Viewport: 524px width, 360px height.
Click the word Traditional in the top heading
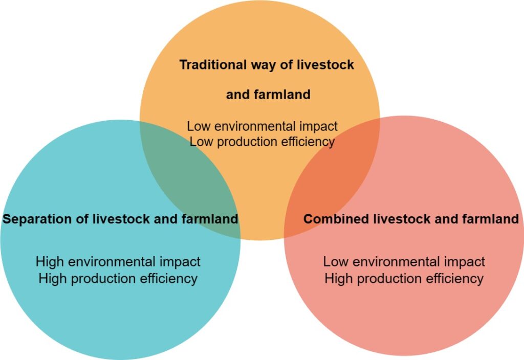pyautogui.click(x=213, y=64)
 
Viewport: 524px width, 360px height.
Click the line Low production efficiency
pyautogui.click(x=262, y=142)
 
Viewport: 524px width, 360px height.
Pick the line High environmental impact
pyautogui.click(x=118, y=261)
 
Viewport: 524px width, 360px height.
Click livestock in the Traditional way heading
pyautogui.click(x=325, y=64)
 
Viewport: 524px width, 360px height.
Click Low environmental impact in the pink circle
pyautogui.click(x=404, y=261)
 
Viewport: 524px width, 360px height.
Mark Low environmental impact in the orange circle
pyautogui.click(x=262, y=126)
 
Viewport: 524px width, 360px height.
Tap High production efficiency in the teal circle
pyautogui.click(x=118, y=279)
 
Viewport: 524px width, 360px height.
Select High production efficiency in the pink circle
pyautogui.click(x=404, y=279)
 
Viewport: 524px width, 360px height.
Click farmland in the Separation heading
pyautogui.click(x=210, y=219)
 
